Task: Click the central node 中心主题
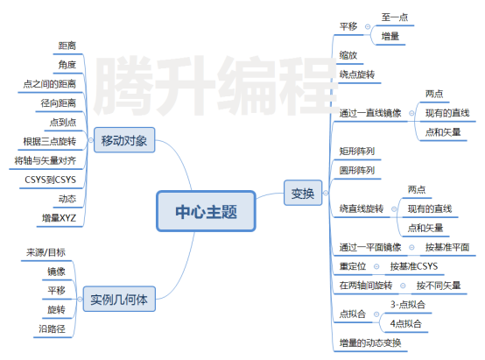206,211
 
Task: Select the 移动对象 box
124,140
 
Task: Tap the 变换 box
303,193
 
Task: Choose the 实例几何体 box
119,299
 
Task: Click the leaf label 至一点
395,18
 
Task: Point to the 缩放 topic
348,55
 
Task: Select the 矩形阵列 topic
357,151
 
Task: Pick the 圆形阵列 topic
357,170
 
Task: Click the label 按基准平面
447,247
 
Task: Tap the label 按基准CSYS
414,266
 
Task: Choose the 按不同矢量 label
439,286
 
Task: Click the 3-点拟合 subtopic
408,305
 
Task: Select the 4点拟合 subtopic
406,324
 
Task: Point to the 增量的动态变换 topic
370,343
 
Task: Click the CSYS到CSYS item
50,180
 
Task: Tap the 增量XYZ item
59,218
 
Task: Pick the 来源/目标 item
46,252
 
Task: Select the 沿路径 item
52,328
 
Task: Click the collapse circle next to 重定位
376,266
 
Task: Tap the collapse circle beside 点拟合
376,314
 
